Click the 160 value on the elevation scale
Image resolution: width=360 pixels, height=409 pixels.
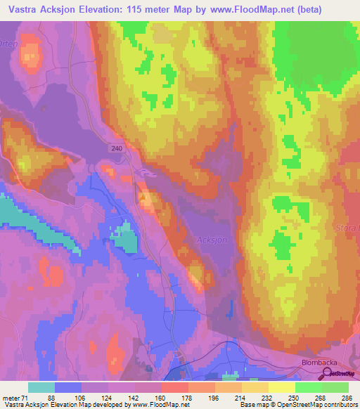click(x=161, y=397)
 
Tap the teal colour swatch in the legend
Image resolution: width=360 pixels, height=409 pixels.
click(x=41, y=387)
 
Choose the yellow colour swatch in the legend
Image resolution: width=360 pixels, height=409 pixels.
click(x=281, y=387)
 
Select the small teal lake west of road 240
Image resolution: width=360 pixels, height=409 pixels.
click(x=125, y=237)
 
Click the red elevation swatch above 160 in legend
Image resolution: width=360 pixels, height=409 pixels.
click(x=174, y=387)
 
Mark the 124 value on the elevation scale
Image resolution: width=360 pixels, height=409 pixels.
click(x=108, y=397)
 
